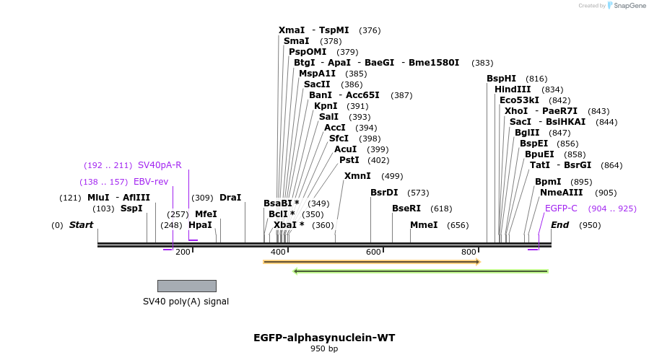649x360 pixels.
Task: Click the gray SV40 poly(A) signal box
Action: tap(186, 286)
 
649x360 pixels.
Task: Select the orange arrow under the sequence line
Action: tap(371, 262)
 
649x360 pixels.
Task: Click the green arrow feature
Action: tap(420, 271)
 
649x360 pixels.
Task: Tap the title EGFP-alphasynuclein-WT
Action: tap(324, 338)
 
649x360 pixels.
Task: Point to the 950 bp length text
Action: tap(324, 349)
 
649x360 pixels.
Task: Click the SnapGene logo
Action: tap(626, 6)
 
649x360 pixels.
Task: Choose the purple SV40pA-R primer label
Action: tap(160, 165)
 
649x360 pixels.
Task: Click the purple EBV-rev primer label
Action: tap(150, 182)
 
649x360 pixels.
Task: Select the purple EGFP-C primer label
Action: tap(561, 208)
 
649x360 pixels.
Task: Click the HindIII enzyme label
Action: tap(513, 89)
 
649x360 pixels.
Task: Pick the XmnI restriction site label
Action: tap(357, 176)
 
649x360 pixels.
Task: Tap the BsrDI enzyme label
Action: tap(384, 193)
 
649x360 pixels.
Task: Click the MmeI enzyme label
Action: tap(424, 225)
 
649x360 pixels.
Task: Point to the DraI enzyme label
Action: tap(230, 198)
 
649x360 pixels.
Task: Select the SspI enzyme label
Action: tap(131, 208)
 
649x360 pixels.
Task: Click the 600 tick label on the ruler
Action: tap(373, 252)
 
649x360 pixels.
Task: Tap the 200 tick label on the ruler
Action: tap(183, 252)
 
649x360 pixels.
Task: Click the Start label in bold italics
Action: tap(81, 225)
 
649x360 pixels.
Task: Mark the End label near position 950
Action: tap(559, 225)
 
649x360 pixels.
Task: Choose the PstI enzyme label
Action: tap(349, 160)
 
